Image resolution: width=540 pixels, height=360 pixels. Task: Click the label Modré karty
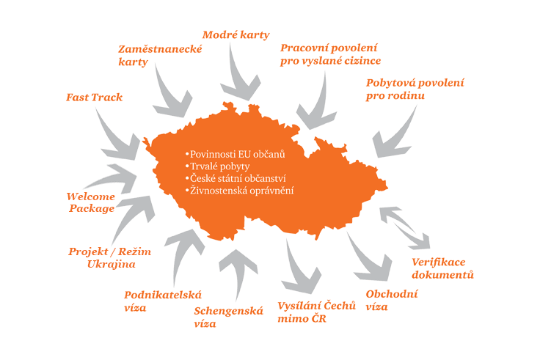tap(236, 34)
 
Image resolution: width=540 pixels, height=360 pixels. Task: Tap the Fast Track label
tap(94, 97)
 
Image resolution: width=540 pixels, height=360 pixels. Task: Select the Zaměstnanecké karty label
tap(160, 55)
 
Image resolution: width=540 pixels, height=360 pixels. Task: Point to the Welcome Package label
tap(91, 202)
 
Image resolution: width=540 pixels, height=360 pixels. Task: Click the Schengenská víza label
tap(228, 317)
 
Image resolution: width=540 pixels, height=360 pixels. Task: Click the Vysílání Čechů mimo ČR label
tap(316, 312)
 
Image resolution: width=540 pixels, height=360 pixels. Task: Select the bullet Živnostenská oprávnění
tap(240, 191)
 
